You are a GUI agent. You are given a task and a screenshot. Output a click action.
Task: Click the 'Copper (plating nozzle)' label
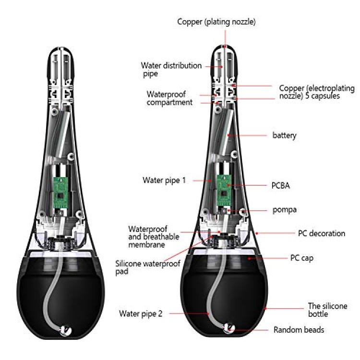point(216,22)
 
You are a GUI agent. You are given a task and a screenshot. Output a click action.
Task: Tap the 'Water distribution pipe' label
point(171,70)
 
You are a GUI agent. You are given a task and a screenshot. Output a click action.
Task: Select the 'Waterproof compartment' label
point(169,98)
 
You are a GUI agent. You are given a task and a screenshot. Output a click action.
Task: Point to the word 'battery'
point(284,135)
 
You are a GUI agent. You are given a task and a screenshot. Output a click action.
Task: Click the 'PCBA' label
point(281,185)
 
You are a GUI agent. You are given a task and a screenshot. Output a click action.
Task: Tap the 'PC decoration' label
point(322,233)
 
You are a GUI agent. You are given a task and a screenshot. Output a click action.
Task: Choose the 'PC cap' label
point(302,258)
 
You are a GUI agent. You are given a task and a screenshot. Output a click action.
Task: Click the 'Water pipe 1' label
point(164,180)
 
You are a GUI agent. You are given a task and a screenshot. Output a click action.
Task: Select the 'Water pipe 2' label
point(141,313)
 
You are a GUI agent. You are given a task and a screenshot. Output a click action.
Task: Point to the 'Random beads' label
point(299,330)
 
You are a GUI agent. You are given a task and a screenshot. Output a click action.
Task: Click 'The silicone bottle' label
point(327,310)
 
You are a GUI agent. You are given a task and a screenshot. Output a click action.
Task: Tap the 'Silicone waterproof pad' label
point(148,267)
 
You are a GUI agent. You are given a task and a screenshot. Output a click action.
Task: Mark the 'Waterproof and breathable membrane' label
point(154,237)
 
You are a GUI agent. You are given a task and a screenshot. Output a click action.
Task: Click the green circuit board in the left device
point(60,192)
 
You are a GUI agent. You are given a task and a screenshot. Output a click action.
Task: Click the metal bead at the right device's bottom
point(229,328)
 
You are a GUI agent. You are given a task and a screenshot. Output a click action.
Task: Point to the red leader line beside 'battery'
point(247,135)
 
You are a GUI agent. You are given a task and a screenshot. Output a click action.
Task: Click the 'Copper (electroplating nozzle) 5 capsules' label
point(317,92)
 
